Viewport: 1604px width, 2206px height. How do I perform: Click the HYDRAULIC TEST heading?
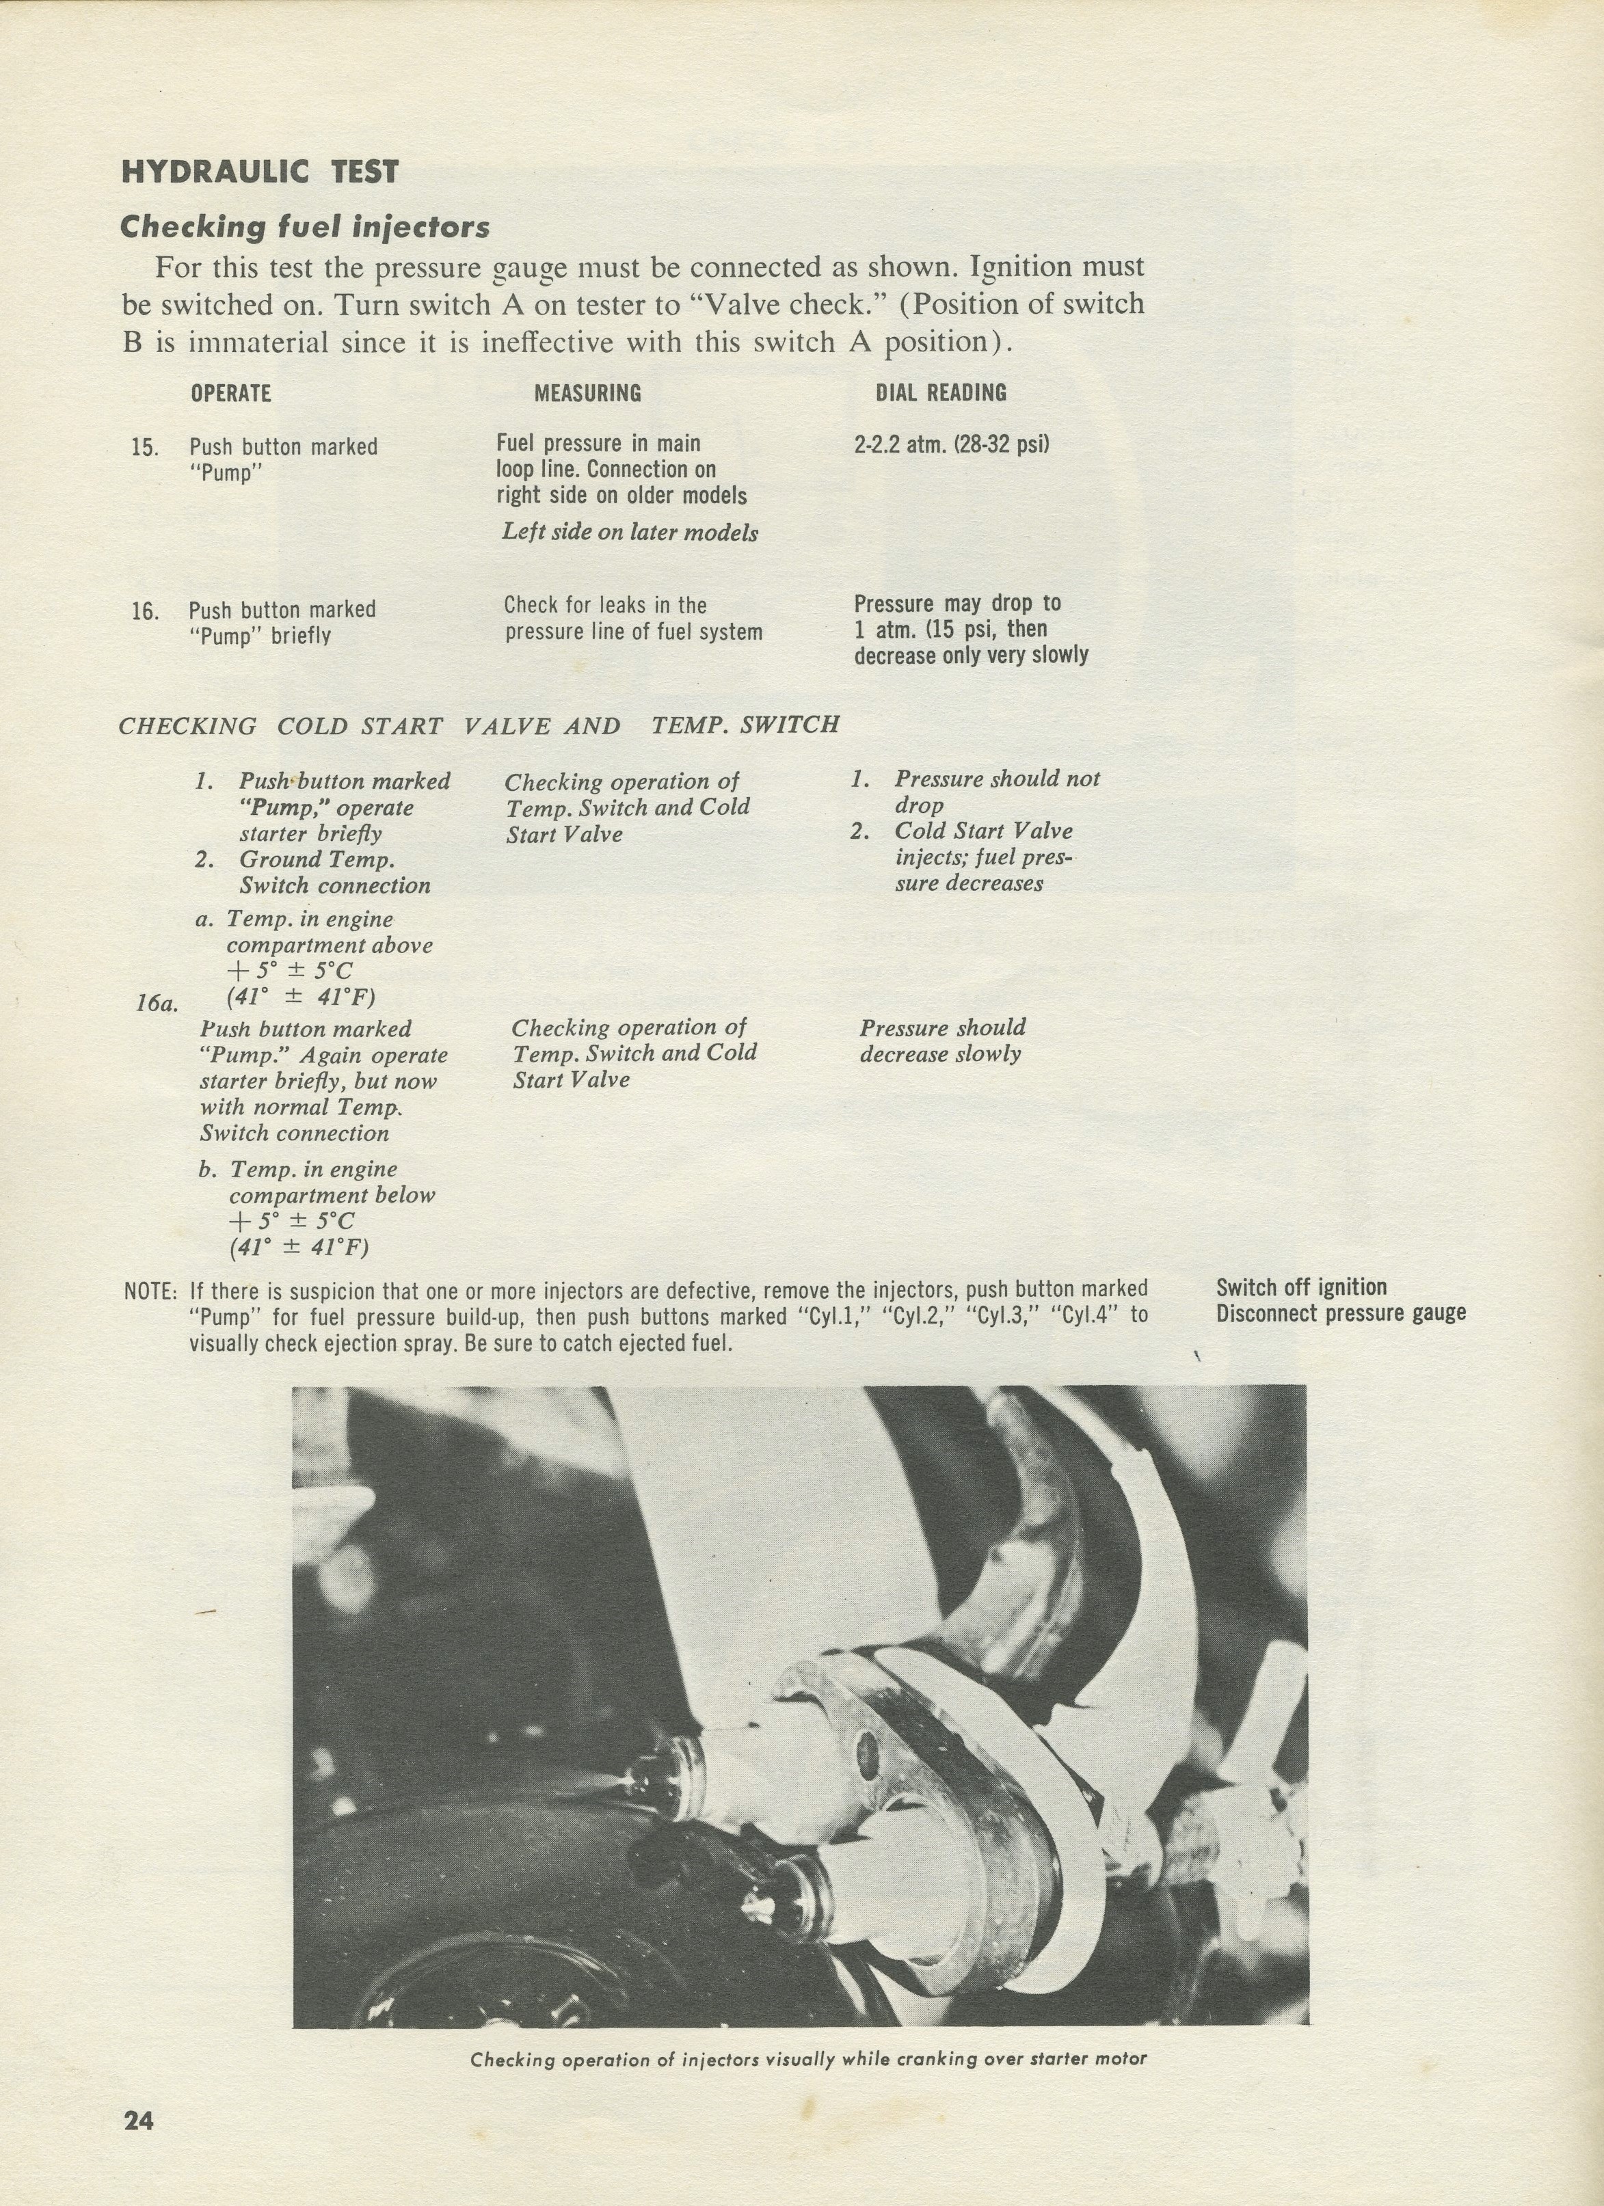260,172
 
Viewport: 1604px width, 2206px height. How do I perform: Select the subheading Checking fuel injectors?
304,227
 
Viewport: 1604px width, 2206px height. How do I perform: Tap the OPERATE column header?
230,393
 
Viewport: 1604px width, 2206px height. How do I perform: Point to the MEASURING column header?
587,393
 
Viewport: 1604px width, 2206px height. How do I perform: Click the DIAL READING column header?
941,393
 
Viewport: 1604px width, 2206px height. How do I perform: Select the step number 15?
145,448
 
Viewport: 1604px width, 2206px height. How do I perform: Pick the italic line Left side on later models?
629,532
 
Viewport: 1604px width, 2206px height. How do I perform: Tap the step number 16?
145,611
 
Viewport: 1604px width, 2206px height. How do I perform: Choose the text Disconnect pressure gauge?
1340,1313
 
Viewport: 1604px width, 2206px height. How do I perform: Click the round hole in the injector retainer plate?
865,1753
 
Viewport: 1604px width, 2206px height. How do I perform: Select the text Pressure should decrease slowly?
941,1040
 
